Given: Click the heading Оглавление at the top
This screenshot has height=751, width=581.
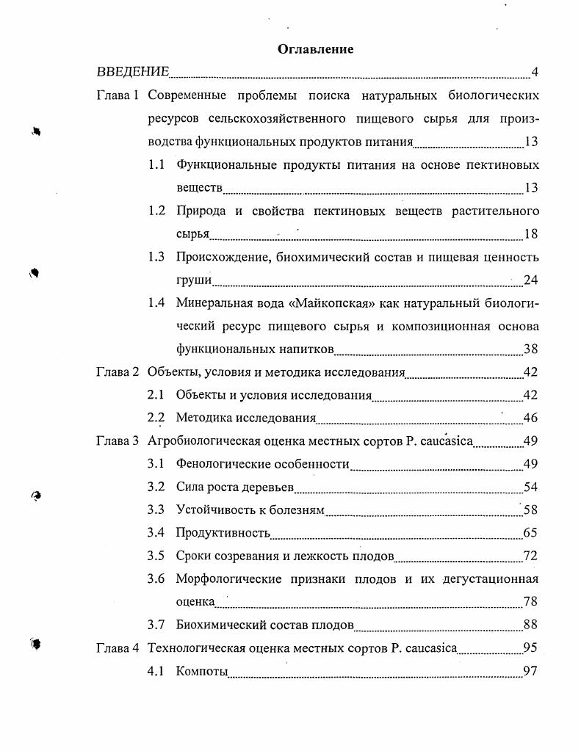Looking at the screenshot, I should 316,49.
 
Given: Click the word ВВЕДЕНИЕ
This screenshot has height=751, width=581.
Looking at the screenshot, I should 133,72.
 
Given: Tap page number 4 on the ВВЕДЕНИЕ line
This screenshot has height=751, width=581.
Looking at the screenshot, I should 535,72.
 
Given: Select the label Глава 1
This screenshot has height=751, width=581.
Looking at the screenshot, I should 118,96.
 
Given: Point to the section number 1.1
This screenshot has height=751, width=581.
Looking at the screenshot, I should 156,165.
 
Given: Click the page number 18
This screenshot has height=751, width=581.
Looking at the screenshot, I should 531,234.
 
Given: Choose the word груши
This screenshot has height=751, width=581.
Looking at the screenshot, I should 194,280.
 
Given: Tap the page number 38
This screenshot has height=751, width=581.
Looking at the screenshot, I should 530,349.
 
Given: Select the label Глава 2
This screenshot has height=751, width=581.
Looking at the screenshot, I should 118,372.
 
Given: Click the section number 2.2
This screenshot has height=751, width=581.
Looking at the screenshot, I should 156,418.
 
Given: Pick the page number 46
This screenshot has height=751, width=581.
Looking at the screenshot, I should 530,418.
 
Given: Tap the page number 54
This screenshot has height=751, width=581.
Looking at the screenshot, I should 530,487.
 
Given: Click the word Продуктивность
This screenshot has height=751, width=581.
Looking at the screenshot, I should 223,533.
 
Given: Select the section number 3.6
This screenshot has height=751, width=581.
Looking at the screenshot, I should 156,578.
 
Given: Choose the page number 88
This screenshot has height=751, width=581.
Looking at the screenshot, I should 530,625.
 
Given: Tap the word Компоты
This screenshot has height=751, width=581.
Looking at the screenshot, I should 202,672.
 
